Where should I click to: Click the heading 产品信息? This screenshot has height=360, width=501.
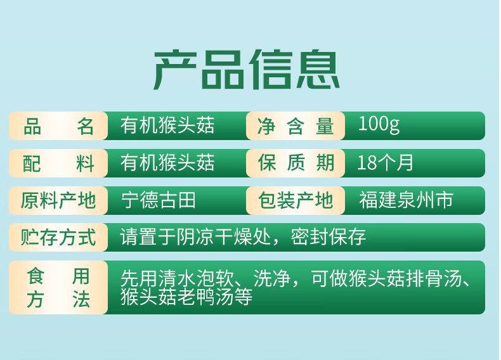(247, 70)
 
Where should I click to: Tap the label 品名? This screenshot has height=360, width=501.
(58, 126)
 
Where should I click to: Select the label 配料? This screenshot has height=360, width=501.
(58, 164)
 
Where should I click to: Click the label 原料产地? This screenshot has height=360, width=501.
(58, 201)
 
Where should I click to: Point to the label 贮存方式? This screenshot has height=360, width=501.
(58, 238)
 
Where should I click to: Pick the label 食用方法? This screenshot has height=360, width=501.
(58, 288)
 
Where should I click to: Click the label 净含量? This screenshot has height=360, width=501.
(296, 126)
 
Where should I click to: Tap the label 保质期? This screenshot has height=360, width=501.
(296, 164)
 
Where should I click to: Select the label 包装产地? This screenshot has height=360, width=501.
(296, 201)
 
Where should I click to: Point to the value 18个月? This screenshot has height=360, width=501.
(385, 163)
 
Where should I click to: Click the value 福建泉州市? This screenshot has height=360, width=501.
(406, 201)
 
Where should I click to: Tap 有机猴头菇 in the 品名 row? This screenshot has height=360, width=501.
(167, 125)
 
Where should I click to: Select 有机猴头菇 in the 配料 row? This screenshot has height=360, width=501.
(167, 164)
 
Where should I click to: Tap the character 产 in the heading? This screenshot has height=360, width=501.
(173, 70)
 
